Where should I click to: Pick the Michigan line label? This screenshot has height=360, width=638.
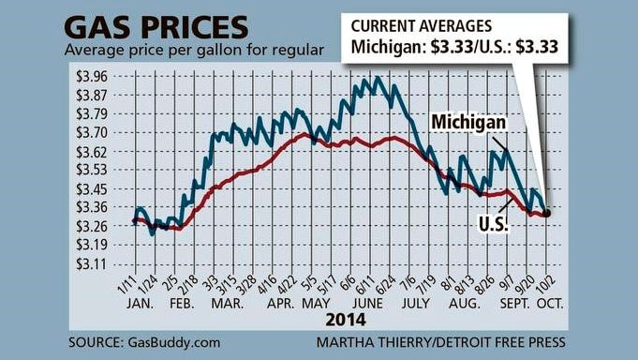(x=468, y=123)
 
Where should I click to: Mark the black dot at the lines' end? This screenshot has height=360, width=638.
(x=546, y=213)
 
